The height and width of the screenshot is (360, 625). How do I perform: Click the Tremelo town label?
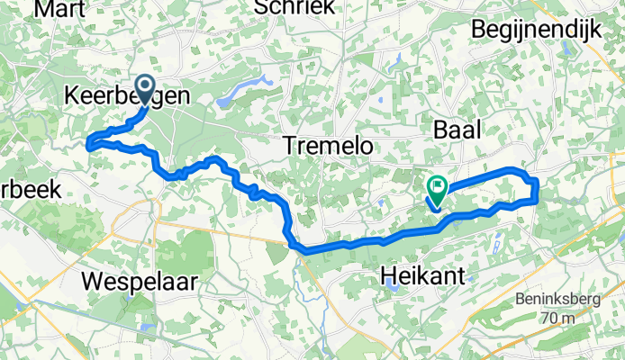(x=327, y=145)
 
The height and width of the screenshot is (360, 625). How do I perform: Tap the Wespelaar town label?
(x=139, y=281)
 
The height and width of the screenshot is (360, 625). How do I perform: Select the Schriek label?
(x=294, y=7)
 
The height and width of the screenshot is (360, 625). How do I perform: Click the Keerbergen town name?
(x=126, y=96)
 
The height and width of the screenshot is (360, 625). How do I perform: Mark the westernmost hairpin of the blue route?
(x=88, y=141)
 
